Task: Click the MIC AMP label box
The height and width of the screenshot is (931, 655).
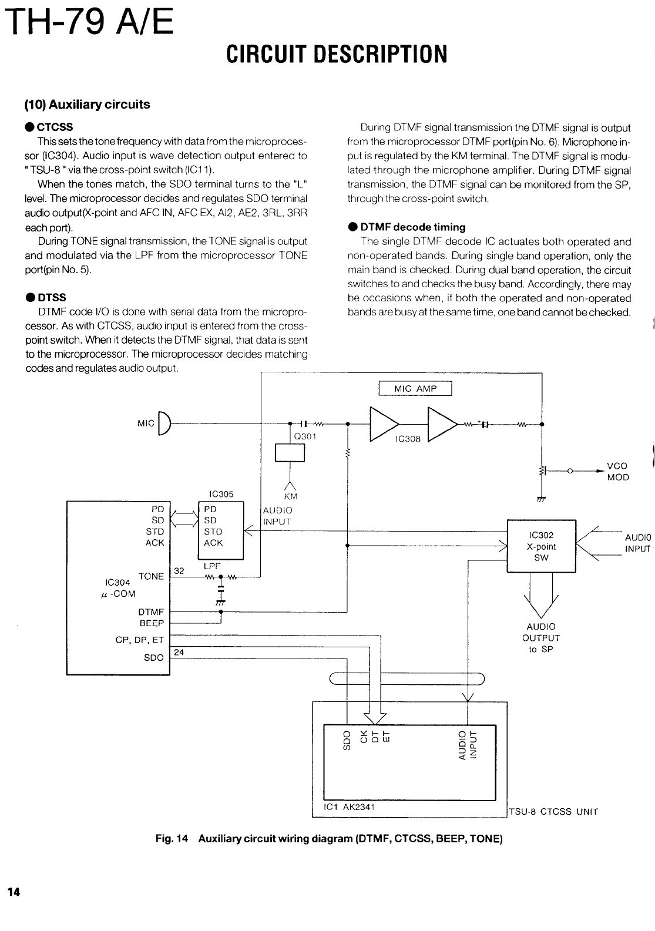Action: click(x=415, y=389)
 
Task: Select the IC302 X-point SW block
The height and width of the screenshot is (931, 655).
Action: click(x=541, y=546)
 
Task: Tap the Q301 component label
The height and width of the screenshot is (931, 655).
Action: click(x=305, y=436)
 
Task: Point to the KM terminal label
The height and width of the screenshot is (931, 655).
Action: click(x=290, y=496)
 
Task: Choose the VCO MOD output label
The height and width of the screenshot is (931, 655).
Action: click(x=617, y=471)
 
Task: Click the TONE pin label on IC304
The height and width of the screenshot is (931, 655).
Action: click(x=151, y=576)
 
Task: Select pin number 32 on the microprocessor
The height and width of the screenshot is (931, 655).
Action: click(x=179, y=570)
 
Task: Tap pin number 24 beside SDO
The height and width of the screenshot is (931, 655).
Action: click(x=179, y=652)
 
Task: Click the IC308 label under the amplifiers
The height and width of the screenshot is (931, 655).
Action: click(x=408, y=439)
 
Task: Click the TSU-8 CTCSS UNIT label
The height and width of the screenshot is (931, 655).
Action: click(x=553, y=812)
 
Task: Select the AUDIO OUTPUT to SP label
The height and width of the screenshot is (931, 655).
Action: click(x=540, y=638)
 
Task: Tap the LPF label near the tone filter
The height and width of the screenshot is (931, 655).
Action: click(x=211, y=567)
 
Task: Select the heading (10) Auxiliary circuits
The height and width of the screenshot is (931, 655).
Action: click(x=87, y=105)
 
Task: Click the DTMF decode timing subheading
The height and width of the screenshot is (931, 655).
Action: click(x=412, y=227)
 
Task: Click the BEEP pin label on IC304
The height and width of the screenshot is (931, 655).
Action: click(x=152, y=623)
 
